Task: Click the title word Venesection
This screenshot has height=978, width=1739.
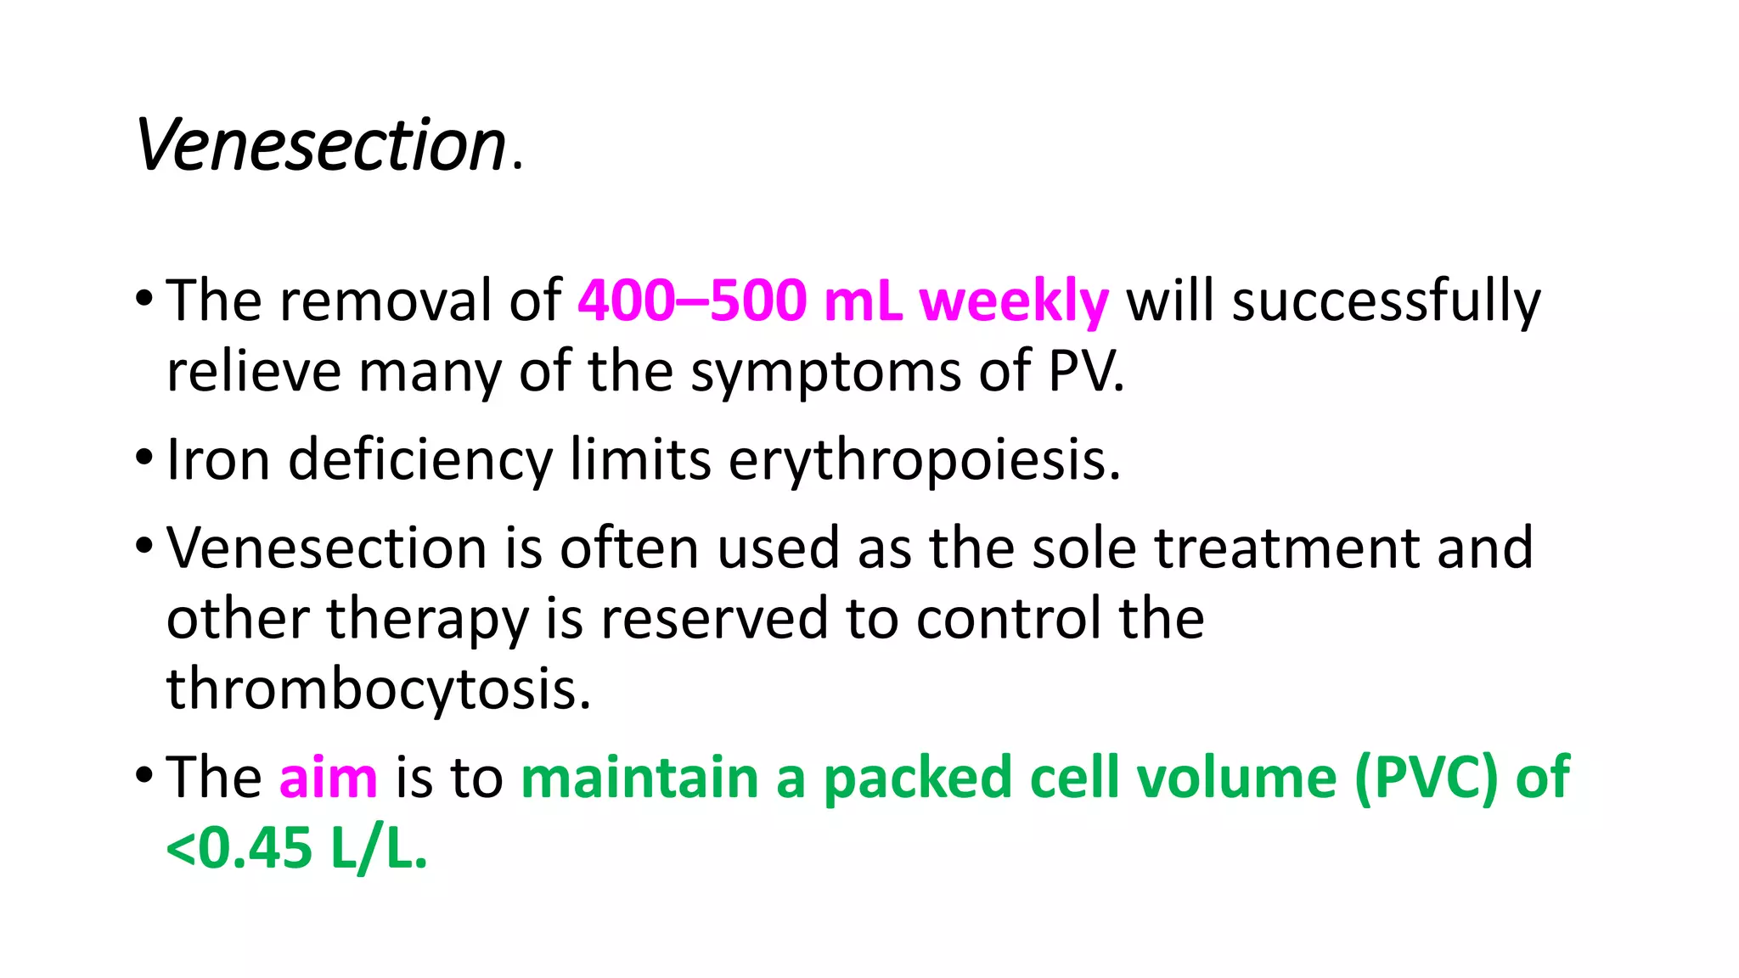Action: [x=321, y=145]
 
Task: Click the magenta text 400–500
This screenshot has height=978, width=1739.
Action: [x=691, y=301]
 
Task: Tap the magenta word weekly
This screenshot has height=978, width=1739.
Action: [x=1014, y=301]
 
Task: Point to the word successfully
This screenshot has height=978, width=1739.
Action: [x=1386, y=302]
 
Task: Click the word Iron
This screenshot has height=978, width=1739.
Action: [x=218, y=459]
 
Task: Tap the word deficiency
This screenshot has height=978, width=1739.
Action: [x=420, y=461]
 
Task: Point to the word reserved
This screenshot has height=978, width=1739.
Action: [x=713, y=618]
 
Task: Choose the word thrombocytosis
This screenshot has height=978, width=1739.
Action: [x=378, y=689]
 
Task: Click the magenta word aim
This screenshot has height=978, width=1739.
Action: [x=328, y=778]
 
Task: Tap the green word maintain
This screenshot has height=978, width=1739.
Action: [x=639, y=778]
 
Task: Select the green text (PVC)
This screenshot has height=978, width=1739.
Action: [x=1426, y=778]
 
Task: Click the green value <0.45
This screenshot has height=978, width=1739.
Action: [x=239, y=848]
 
